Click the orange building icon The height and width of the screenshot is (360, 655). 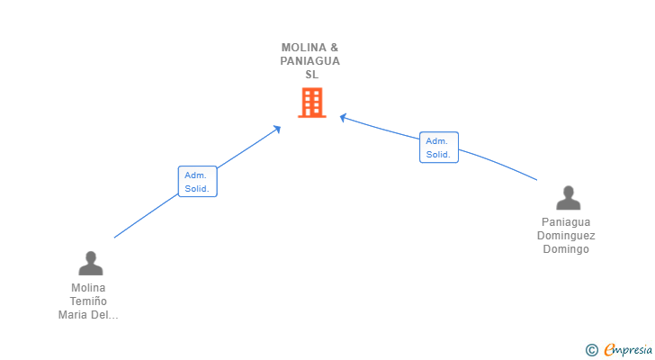[x=311, y=103]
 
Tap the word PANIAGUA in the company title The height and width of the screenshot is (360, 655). [x=310, y=61]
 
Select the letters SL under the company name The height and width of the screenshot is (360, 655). [x=311, y=75]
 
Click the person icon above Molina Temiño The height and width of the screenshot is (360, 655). [x=90, y=263]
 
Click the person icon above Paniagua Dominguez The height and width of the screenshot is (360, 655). [x=567, y=197]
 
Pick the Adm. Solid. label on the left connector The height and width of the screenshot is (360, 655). [x=197, y=182]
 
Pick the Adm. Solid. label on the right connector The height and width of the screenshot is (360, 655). [x=438, y=148]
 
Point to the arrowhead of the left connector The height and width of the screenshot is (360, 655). [x=278, y=129]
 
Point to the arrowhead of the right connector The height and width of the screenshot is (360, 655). [x=343, y=116]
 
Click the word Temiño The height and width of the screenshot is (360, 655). [x=88, y=301]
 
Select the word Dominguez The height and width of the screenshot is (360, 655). [x=566, y=236]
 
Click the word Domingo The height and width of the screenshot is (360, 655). [x=566, y=249]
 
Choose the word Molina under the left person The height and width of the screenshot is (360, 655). [x=88, y=288]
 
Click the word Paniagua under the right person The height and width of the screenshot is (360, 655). [x=566, y=222]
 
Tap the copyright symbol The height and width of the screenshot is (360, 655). [x=591, y=350]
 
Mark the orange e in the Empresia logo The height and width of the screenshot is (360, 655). [x=609, y=350]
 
